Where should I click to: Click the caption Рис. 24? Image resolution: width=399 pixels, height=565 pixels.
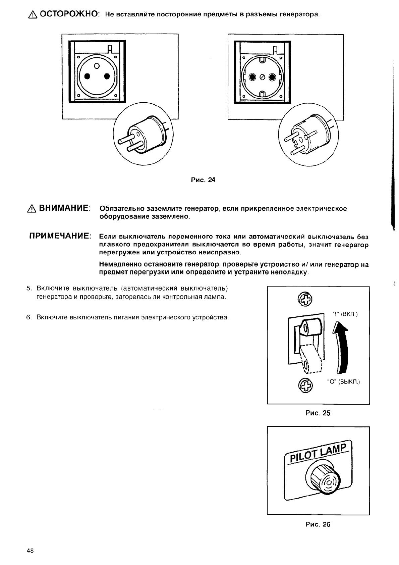tap(203, 180)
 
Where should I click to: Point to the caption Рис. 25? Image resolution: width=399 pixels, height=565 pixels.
tap(318, 413)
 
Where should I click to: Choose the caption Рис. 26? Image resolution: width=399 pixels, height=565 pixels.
tap(318, 524)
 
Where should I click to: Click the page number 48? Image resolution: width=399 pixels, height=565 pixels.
tap(30, 551)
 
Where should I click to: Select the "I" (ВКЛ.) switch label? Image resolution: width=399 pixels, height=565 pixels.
tap(345, 314)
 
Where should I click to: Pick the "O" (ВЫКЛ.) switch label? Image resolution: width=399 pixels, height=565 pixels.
tap(343, 382)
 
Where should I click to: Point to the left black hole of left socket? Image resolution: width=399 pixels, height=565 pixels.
tap(87, 76)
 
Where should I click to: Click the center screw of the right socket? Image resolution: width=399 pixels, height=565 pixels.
tap(262, 78)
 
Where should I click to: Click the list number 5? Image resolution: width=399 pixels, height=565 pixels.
tap(28, 288)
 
